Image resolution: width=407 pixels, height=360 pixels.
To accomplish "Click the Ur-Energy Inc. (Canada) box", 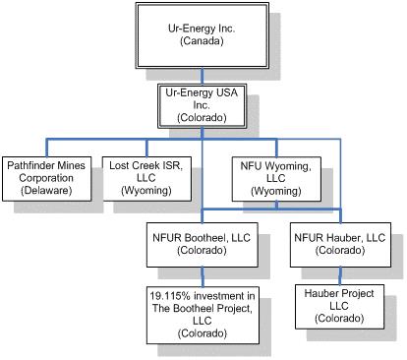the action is pos(203,35).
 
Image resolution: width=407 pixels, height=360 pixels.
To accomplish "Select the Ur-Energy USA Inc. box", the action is pos(202,106).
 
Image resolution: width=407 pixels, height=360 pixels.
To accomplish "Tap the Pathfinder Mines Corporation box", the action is pos(46,179).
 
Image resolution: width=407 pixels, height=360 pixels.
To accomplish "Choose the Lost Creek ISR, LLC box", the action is pos(146,179).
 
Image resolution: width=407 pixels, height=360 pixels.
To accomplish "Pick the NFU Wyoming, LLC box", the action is pos(276,179).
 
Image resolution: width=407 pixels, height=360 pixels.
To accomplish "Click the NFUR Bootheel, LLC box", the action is pos(202,245).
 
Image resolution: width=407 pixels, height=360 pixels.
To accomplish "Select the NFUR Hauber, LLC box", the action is pos(340,245).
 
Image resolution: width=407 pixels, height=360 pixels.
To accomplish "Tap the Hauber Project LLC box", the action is pos(339,307).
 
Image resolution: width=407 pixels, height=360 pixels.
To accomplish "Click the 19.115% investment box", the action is pos(203,316).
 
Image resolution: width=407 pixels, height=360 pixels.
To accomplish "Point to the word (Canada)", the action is pos(202,41).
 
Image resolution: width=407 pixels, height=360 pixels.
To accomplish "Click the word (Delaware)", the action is pos(46,191).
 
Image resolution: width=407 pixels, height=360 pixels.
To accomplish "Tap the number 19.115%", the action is pos(170,296).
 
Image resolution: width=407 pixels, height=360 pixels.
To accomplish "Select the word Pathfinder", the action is pos(29,165).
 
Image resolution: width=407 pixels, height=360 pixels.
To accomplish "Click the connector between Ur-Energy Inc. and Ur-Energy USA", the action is pos(202,77).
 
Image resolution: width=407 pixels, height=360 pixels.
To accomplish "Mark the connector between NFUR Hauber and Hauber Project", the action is pos(340,275).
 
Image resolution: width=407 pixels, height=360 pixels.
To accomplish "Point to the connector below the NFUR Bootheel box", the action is pos(203,277).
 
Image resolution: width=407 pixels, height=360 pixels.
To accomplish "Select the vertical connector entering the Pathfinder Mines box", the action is pos(47,149).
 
